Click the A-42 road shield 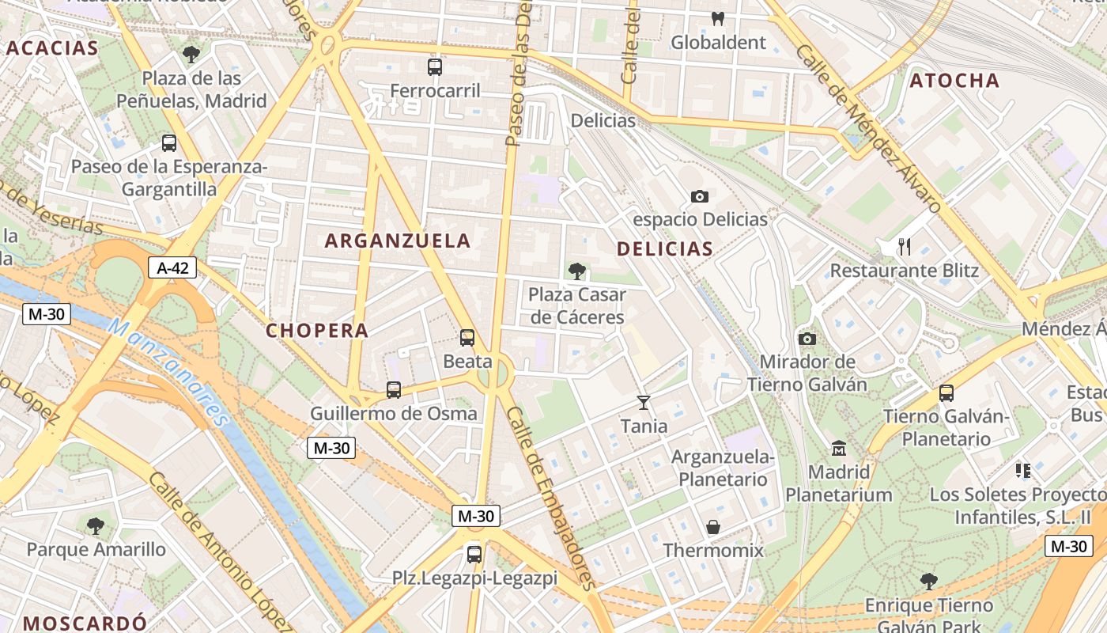click(172, 267)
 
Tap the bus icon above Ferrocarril click(435, 67)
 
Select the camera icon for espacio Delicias click(700, 196)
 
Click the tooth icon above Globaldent click(718, 18)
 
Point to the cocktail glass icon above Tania click(644, 403)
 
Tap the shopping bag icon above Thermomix click(713, 527)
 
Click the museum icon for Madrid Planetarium click(839, 449)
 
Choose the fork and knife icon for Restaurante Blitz click(905, 247)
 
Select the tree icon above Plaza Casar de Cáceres click(577, 271)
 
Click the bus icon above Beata click(467, 338)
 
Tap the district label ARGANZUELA click(398, 241)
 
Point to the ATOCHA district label click(954, 81)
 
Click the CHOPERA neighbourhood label click(317, 331)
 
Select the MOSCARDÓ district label click(85, 623)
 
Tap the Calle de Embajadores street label click(550, 498)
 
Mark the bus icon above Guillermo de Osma click(394, 390)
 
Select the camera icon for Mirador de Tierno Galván click(807, 339)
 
